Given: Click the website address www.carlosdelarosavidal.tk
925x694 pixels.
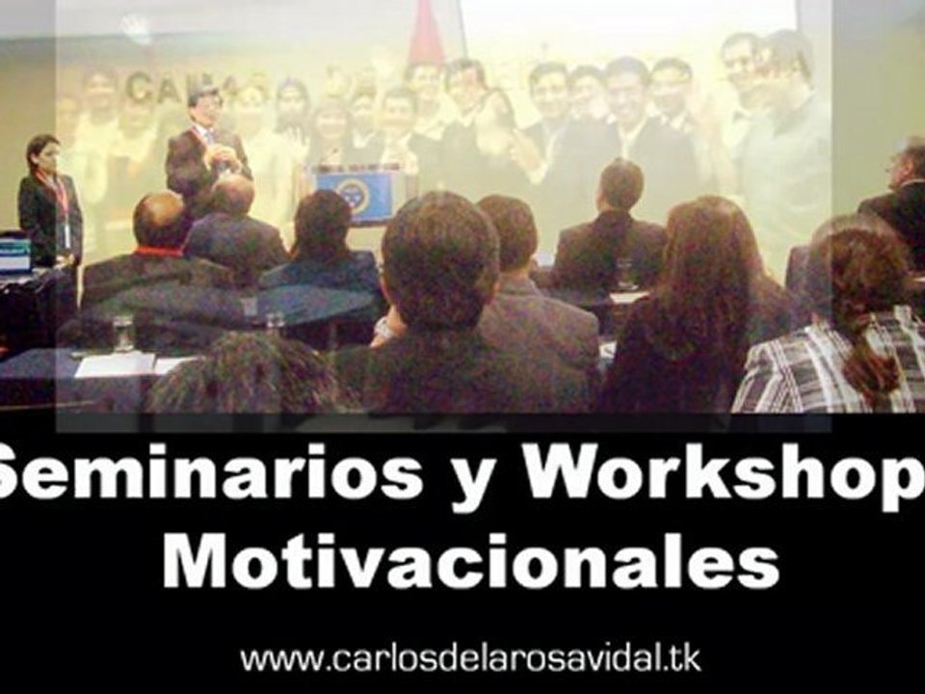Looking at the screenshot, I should click(470, 659).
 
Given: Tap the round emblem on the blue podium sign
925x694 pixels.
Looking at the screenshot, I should click(355, 196).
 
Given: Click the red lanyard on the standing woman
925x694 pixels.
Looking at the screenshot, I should click(60, 198).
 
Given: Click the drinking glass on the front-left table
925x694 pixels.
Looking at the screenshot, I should click(123, 333).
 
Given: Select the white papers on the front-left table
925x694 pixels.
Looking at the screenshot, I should click(116, 365).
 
